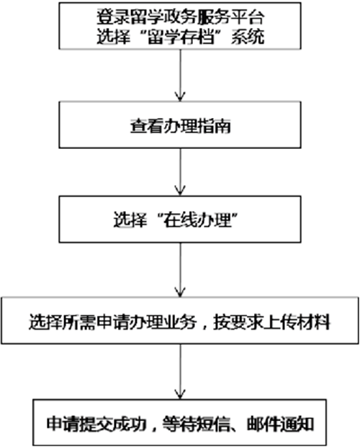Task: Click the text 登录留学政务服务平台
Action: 180,17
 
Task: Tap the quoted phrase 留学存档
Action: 180,37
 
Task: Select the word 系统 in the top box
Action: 248,37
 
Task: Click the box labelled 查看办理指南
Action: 180,125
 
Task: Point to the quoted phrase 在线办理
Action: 197,220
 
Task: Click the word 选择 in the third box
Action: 130,220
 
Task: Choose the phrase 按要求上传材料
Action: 272,322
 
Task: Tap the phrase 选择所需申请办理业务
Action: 112,322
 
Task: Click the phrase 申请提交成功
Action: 96,424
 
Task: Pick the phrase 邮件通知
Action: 281,424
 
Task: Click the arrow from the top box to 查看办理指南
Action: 180,76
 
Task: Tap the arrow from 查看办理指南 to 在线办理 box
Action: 180,172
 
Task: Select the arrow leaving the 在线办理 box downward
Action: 180,270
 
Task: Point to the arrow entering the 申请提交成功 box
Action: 180,371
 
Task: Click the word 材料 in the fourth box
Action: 314,322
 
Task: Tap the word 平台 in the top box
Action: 248,17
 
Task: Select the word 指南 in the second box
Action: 214,125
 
